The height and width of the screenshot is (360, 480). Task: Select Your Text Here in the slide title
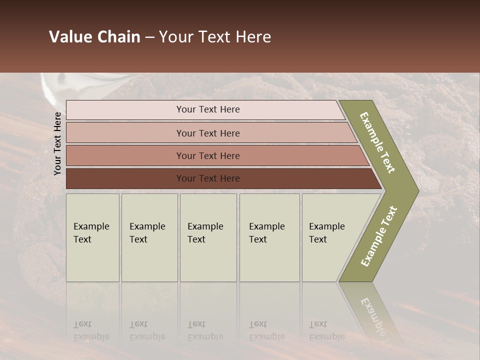pyautogui.click(x=215, y=37)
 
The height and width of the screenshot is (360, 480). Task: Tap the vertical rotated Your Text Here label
pyautogui.click(x=57, y=143)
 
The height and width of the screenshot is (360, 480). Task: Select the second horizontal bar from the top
pyautogui.click(x=207, y=133)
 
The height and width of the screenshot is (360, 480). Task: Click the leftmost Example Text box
pyautogui.click(x=92, y=237)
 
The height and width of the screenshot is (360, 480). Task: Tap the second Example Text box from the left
pyautogui.click(x=149, y=237)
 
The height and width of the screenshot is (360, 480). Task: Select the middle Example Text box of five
pyautogui.click(x=208, y=237)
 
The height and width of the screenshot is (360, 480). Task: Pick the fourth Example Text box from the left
pyautogui.click(x=269, y=237)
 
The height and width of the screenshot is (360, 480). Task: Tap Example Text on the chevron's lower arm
pyautogui.click(x=379, y=236)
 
